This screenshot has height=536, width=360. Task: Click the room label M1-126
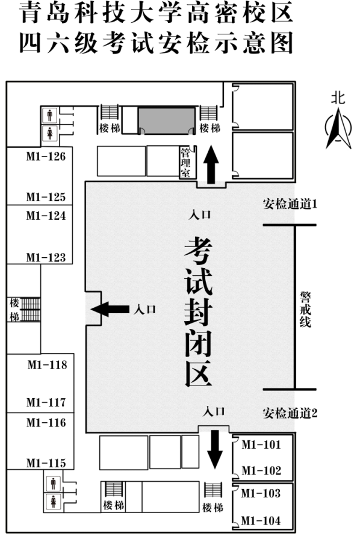click(46, 157)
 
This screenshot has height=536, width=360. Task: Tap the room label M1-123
click(46, 257)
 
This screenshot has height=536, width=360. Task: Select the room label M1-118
click(47, 365)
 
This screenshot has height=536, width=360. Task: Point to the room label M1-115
click(46, 463)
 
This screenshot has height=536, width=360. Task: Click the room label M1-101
click(261, 444)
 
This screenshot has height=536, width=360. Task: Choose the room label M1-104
click(261, 520)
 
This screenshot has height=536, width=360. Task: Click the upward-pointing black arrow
click(211, 164)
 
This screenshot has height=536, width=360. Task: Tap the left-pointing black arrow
click(110, 310)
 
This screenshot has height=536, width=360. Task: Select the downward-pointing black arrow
click(215, 449)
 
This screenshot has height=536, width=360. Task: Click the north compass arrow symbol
click(338, 128)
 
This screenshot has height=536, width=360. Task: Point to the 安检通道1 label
click(290, 204)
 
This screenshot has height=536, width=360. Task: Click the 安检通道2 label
click(290, 413)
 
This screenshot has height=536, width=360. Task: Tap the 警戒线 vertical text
click(305, 310)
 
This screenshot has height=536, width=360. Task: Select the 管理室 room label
click(185, 163)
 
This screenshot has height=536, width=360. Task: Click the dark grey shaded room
click(167, 120)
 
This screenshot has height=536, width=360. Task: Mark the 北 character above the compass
click(338, 98)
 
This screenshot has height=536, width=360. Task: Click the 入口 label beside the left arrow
click(145, 310)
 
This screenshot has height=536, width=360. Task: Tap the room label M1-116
click(46, 423)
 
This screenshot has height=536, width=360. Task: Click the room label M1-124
click(46, 216)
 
